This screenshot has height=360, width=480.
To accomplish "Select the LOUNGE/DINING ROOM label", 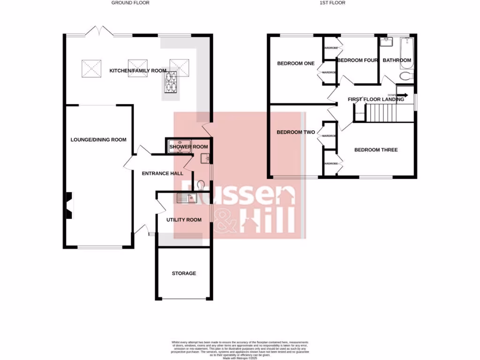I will pos(98,140).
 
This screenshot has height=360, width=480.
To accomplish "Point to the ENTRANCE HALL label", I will pos(163,173).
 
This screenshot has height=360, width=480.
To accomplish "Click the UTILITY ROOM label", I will pos(184,220).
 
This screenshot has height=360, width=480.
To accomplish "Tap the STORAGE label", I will pos(184,273).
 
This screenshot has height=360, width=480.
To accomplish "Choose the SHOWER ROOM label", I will pos(188,147).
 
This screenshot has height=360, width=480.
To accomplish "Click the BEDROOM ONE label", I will pos(296,64).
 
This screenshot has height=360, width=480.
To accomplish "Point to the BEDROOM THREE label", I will pos(376,150).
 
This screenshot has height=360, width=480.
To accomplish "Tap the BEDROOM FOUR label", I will pos(358,60).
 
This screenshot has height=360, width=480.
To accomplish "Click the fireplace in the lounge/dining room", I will pos(69,206).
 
